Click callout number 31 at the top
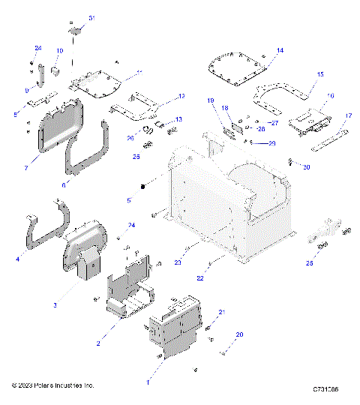tap(91, 17)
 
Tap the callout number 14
tap(280, 50)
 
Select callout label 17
tap(348, 115)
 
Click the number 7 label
tap(26, 169)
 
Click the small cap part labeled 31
tap(75, 29)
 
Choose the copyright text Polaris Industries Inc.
tap(52, 385)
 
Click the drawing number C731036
tap(325, 390)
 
